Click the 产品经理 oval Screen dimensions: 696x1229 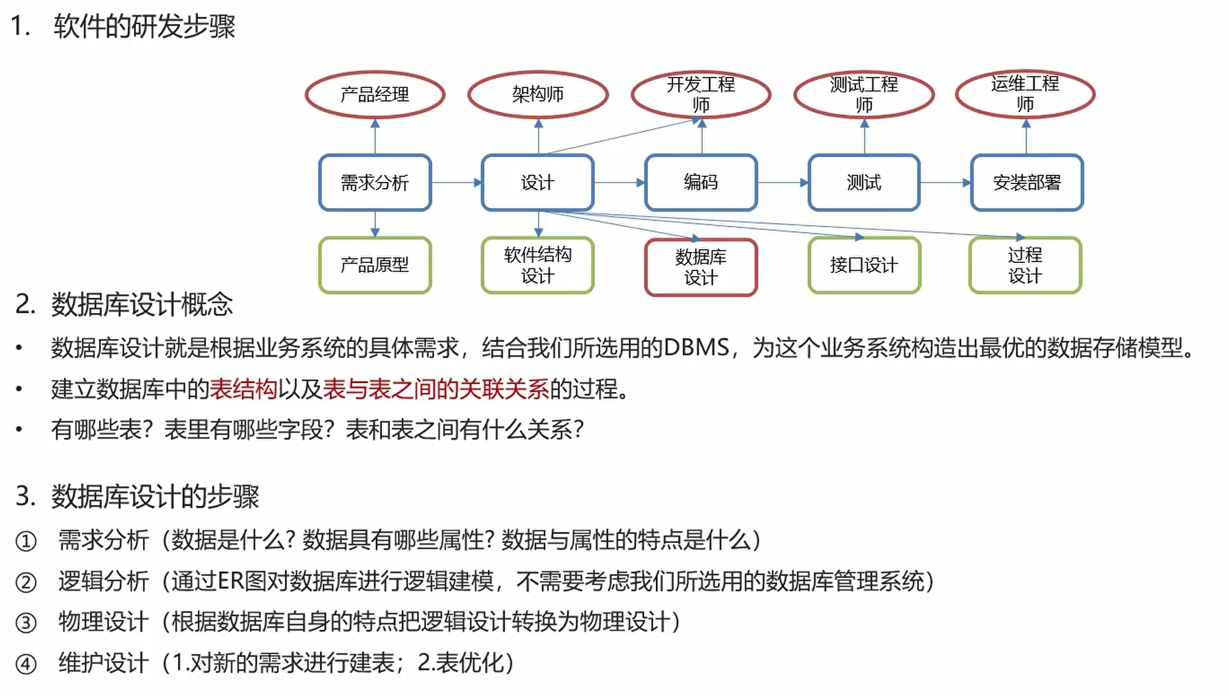(x=374, y=94)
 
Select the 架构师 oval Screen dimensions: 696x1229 (x=538, y=94)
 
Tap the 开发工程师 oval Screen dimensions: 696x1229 (x=701, y=94)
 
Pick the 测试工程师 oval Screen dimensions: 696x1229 (x=864, y=94)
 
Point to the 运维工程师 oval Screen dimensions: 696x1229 (x=1025, y=93)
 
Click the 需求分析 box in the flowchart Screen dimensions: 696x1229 (x=375, y=183)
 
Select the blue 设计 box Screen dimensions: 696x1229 (x=538, y=183)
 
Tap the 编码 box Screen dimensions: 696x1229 (x=701, y=183)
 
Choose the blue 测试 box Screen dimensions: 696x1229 (x=864, y=183)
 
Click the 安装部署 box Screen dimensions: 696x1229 (x=1026, y=183)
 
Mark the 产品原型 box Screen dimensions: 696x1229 (x=375, y=265)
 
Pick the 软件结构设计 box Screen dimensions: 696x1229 (x=538, y=265)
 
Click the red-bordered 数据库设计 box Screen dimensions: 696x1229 (x=701, y=267)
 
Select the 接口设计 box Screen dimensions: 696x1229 (x=864, y=265)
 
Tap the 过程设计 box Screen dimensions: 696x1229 (x=1025, y=265)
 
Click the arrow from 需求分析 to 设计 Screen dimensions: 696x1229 (x=457, y=183)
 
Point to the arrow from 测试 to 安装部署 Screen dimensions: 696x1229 (x=945, y=183)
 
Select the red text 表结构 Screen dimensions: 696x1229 (x=243, y=389)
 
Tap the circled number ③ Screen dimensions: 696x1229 (x=26, y=623)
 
